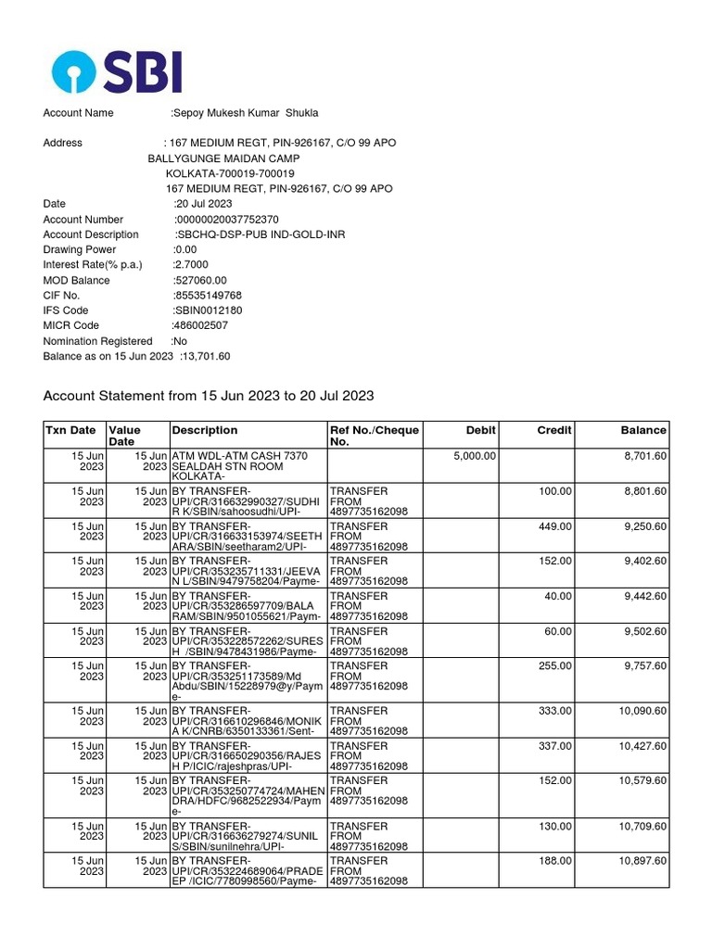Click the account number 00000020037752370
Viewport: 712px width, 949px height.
tap(227, 220)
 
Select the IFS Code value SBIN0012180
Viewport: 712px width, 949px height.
tap(208, 310)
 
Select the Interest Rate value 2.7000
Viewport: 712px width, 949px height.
tap(193, 265)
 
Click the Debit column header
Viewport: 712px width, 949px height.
tap(480, 430)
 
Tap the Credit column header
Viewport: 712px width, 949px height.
tap(554, 430)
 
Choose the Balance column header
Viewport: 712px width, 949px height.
tap(643, 430)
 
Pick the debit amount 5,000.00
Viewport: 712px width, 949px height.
tap(475, 456)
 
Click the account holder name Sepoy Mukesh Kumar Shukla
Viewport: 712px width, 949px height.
tap(246, 113)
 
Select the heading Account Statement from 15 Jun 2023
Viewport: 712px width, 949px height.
tap(209, 396)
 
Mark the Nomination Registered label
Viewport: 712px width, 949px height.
tap(97, 341)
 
